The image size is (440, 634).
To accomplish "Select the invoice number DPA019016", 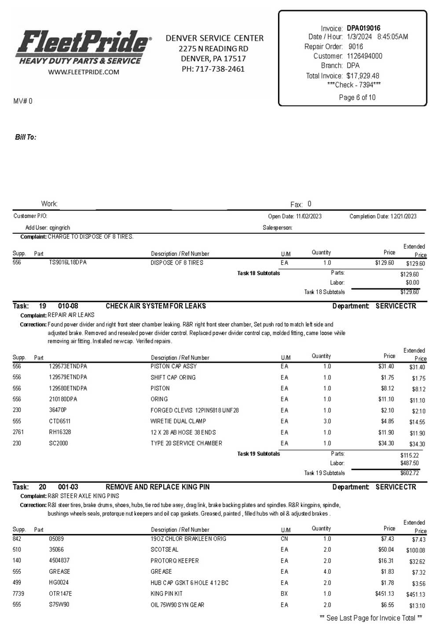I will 363,28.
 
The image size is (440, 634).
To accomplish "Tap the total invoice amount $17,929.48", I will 363,76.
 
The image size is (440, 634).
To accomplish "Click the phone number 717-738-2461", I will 220,69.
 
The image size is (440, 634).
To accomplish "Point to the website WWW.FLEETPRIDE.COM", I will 84,72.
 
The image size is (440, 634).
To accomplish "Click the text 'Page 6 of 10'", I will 357,97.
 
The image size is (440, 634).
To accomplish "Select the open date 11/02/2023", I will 309,216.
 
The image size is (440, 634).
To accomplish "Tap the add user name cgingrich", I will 60,228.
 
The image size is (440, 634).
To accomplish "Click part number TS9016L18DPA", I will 68,262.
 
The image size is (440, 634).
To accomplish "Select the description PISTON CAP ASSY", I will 174,366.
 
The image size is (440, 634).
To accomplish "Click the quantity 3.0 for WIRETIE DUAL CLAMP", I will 327,421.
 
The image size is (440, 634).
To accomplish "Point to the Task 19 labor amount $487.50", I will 410,463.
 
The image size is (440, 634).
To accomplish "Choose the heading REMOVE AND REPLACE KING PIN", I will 158,487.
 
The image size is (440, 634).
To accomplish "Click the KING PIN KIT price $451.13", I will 385,593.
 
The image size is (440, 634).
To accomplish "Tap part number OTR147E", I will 60,593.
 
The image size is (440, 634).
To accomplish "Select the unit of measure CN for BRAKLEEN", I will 285,539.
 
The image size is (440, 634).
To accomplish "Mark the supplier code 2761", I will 18,432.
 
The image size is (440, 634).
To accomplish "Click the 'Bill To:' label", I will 26,137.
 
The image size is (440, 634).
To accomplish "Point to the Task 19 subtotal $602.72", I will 410,473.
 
